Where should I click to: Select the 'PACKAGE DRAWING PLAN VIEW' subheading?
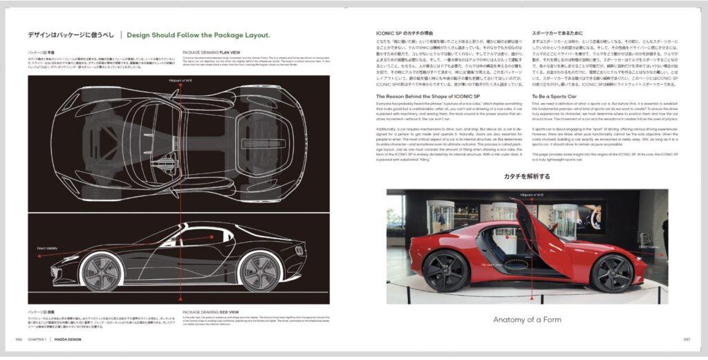pyautogui.click(x=211, y=52)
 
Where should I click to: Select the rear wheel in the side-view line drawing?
pyautogui.click(x=259, y=272)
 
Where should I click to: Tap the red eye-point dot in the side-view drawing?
pyautogui.click(x=212, y=236)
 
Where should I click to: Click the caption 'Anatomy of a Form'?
pyautogui.click(x=528, y=319)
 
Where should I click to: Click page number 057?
pyautogui.click(x=687, y=339)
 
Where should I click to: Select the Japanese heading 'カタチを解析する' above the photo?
pyautogui.click(x=527, y=177)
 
